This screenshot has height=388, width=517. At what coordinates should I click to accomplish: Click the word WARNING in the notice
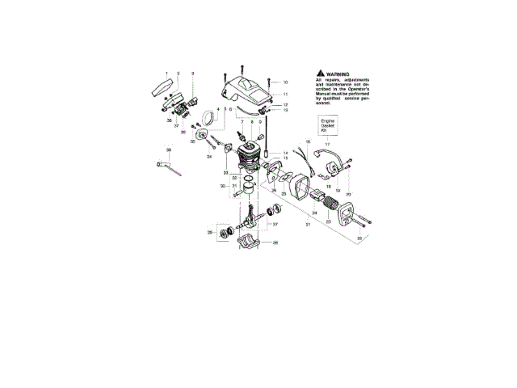point(338,73)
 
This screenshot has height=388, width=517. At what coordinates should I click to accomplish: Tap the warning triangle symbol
point(322,73)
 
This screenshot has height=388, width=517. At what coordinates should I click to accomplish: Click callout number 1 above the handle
point(167,74)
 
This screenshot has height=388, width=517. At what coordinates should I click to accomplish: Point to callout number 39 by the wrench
point(169,150)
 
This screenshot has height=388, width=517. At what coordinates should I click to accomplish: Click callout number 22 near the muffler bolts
point(359,238)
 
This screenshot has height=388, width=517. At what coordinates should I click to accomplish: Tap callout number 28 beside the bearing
point(208,233)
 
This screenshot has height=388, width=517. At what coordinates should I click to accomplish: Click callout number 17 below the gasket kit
point(327,144)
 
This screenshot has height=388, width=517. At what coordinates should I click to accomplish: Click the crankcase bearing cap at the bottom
point(251,243)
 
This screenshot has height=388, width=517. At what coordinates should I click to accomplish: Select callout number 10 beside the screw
point(285,82)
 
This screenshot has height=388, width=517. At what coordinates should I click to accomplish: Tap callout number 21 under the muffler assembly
point(308,224)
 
